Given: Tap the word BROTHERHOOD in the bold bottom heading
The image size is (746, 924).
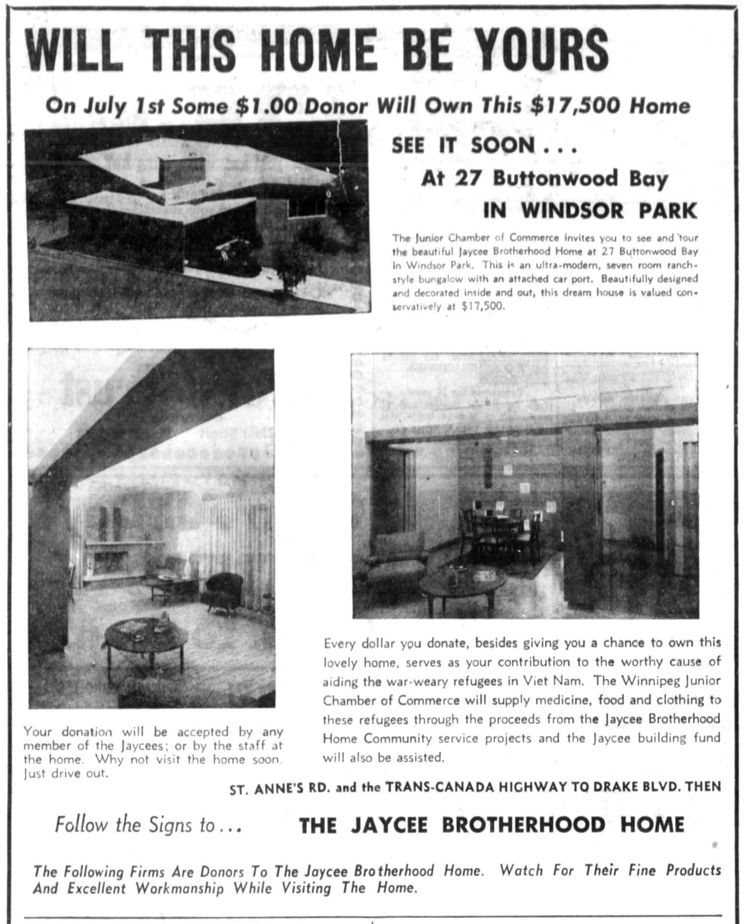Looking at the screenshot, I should [x=523, y=825].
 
